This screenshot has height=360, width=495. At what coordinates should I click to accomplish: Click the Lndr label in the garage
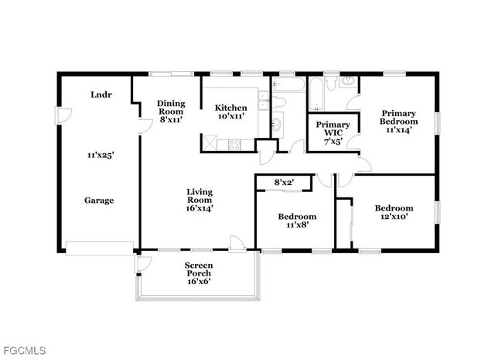pyautogui.click(x=99, y=94)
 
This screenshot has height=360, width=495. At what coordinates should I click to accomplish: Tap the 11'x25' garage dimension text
pyautogui.click(x=100, y=155)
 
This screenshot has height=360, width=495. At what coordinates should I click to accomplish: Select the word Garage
pyautogui.click(x=99, y=200)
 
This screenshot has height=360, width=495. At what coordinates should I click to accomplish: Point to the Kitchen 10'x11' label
pyautogui.click(x=230, y=111)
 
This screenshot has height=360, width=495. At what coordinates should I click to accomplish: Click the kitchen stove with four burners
pyautogui.click(x=234, y=142)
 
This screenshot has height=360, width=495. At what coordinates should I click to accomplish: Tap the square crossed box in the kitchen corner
pyautogui.click(x=210, y=142)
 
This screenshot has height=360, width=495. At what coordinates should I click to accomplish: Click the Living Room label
pyautogui.click(x=200, y=199)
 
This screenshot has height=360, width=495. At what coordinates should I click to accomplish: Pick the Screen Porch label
pyautogui.click(x=199, y=273)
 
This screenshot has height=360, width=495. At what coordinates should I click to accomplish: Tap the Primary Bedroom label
pyautogui.click(x=398, y=122)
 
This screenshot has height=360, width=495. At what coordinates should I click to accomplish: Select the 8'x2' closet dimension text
pyautogui.click(x=286, y=183)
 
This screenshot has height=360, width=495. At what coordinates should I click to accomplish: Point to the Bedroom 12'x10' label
pyautogui.click(x=394, y=213)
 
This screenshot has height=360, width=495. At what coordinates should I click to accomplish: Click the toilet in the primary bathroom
pyautogui.click(x=349, y=82)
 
